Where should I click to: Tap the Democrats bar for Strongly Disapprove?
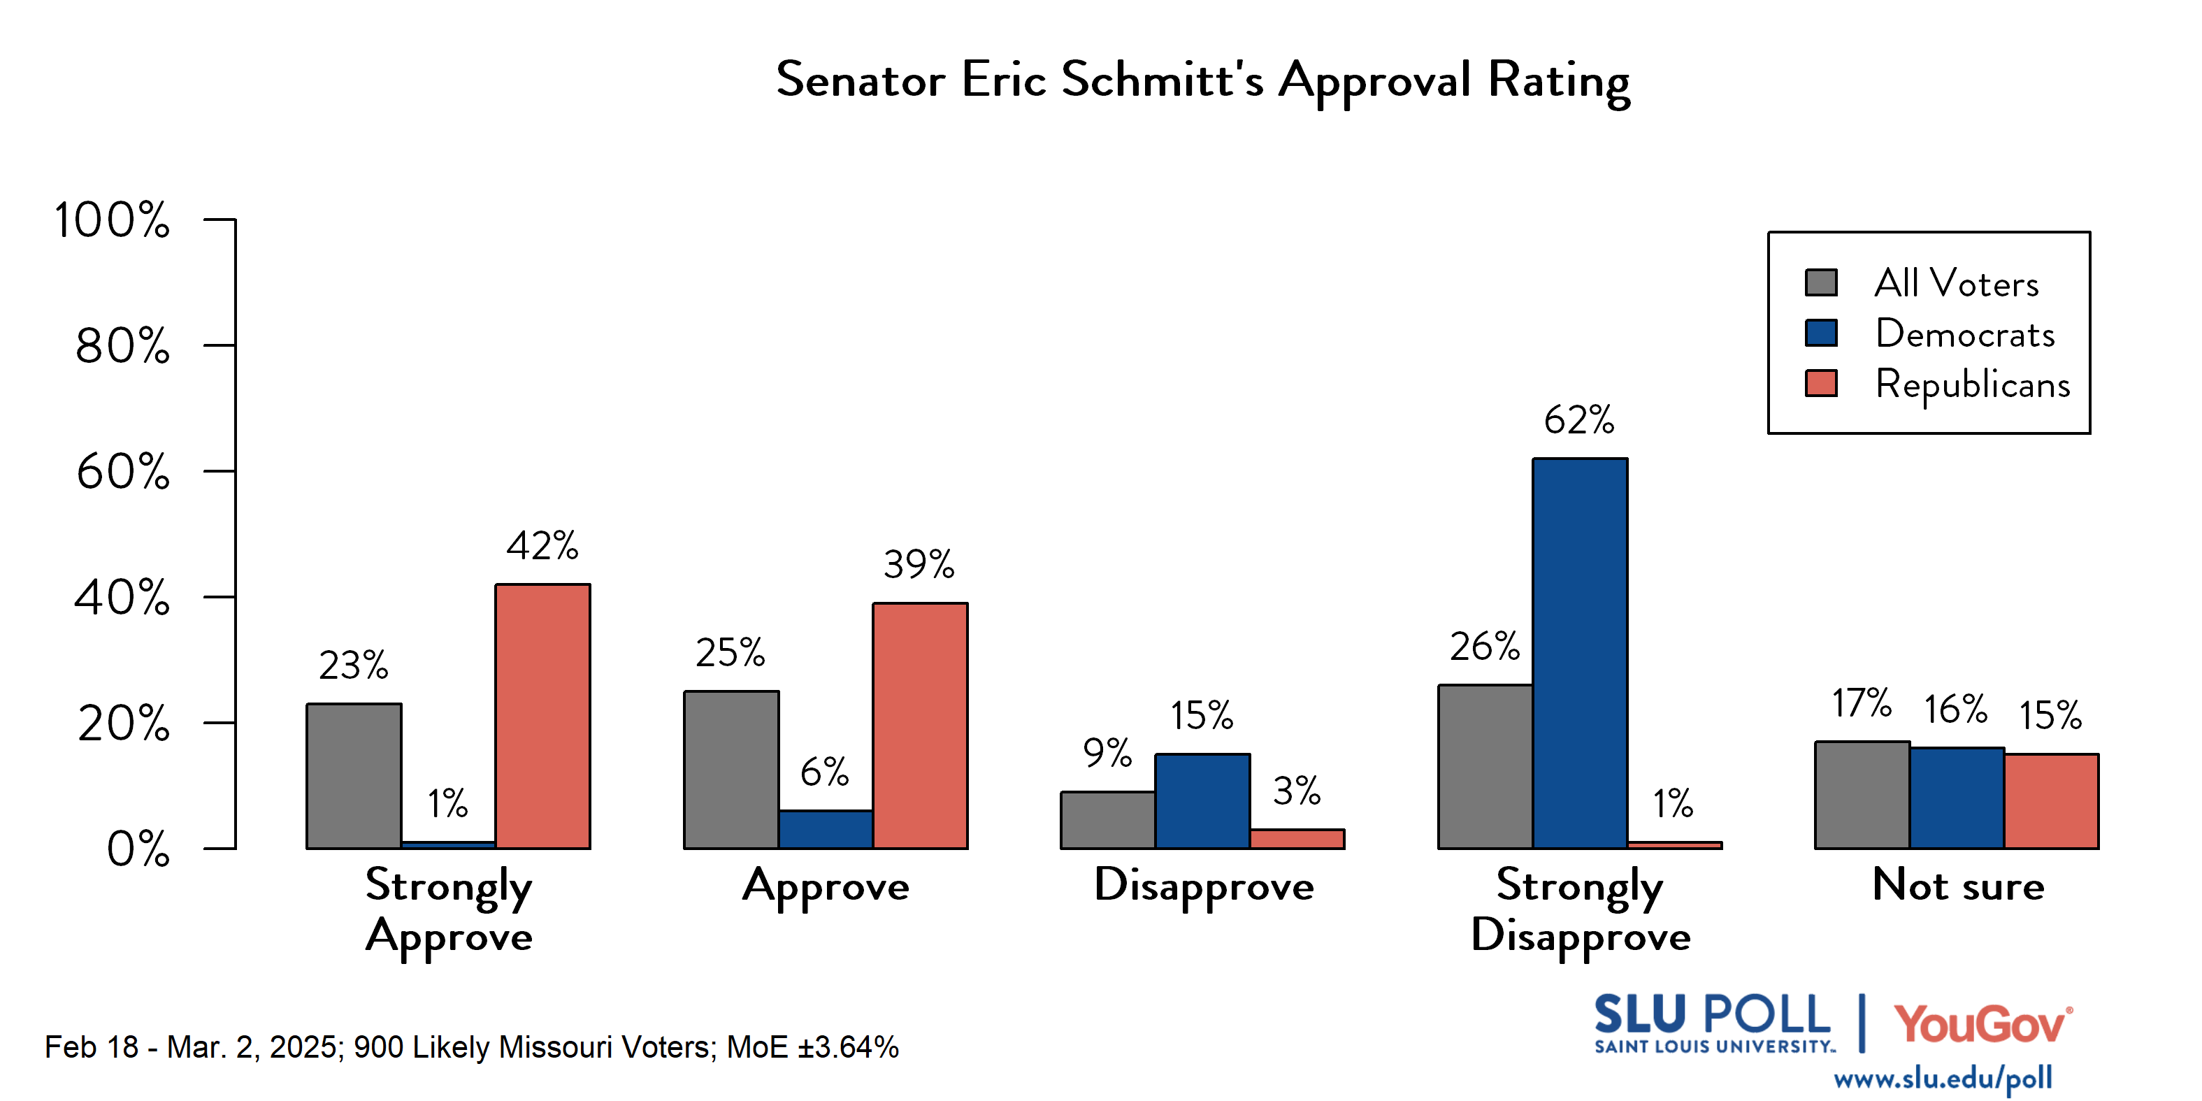coord(1579,654)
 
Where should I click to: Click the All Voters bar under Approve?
coord(731,770)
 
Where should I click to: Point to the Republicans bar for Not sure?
coord(2051,801)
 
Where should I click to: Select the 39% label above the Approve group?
coord(919,565)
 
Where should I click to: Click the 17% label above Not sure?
coord(1861,703)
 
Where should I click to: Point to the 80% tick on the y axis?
coord(122,346)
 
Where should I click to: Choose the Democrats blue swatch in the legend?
coord(1821,333)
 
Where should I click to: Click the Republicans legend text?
coord(1972,384)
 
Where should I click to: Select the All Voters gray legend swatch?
coord(1821,282)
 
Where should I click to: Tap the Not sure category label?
coord(1957,885)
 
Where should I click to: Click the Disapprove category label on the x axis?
coord(1204,886)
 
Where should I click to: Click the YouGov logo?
coord(1982,1023)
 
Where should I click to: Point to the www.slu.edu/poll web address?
coord(1942,1079)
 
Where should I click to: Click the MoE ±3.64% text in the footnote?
coord(812,1047)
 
